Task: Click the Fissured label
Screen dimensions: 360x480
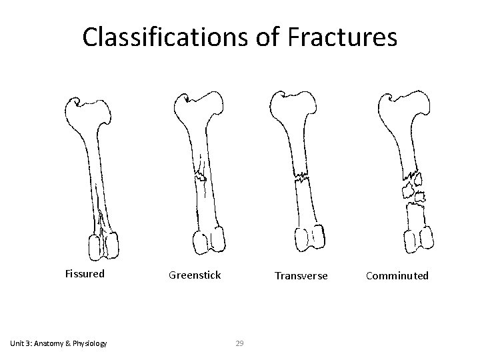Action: (x=85, y=273)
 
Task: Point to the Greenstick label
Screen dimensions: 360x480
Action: (x=195, y=275)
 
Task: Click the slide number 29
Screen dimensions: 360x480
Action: (x=241, y=343)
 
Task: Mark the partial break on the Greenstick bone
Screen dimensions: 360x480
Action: (x=199, y=177)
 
